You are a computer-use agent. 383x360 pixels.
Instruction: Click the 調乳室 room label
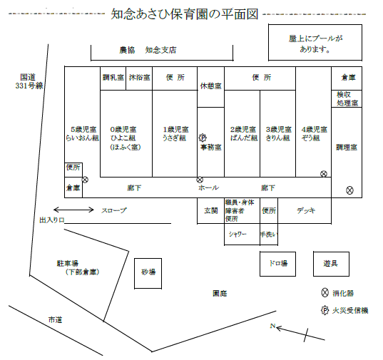pyautogui.click(x=113, y=78)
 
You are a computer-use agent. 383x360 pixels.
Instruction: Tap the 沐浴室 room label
pyautogui.click(x=139, y=78)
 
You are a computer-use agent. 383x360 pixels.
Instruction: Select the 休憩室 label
pyautogui.click(x=211, y=86)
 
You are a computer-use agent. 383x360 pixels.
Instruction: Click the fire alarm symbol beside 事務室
pyautogui.click(x=203, y=138)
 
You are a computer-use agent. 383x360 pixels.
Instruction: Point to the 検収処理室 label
pyautogui.click(x=347, y=98)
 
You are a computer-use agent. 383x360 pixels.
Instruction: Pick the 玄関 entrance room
pyautogui.click(x=211, y=210)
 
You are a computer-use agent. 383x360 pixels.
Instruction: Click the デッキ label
pyautogui.click(x=306, y=210)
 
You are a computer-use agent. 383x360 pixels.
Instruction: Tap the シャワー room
pyautogui.click(x=242, y=234)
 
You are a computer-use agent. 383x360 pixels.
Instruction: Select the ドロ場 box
pyautogui.click(x=277, y=264)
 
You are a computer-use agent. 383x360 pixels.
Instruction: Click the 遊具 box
pyautogui.click(x=331, y=264)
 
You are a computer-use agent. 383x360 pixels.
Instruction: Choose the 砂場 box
pyautogui.click(x=148, y=273)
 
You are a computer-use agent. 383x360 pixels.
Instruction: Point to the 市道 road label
pyautogui.click(x=55, y=320)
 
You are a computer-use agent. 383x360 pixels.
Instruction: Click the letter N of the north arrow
pyautogui.click(x=272, y=326)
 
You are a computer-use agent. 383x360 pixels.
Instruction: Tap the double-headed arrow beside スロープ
pyautogui.click(x=73, y=210)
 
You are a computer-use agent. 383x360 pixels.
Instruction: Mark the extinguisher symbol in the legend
pyautogui.click(x=325, y=292)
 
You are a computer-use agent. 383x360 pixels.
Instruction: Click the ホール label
pyautogui.click(x=208, y=188)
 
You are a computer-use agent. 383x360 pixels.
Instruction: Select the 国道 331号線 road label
pyautogui.click(x=29, y=81)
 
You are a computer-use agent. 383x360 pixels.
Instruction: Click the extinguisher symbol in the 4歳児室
pyautogui.click(x=324, y=174)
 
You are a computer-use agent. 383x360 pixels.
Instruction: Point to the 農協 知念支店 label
pyautogui.click(x=148, y=50)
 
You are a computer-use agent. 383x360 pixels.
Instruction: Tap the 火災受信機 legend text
pyautogui.click(x=350, y=310)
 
